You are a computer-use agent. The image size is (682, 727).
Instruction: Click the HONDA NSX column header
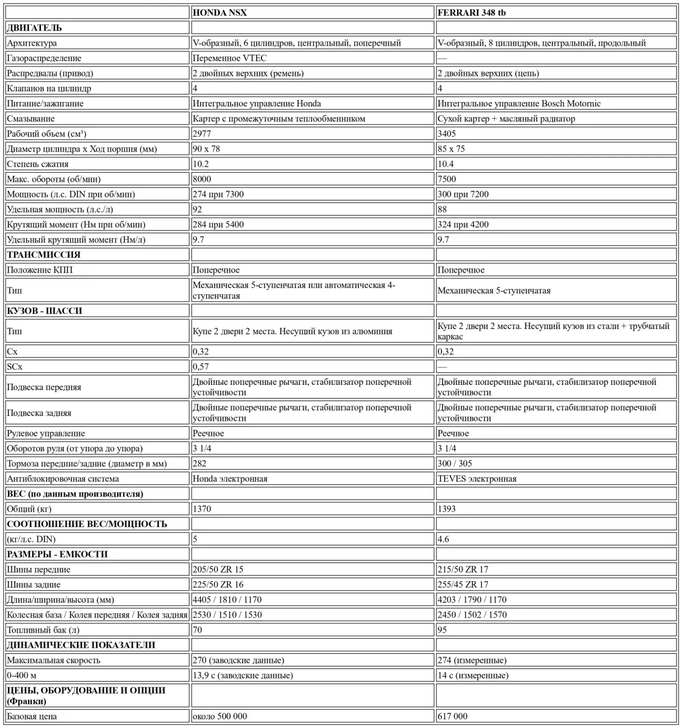(219, 13)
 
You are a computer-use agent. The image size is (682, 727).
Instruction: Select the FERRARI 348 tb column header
(472, 13)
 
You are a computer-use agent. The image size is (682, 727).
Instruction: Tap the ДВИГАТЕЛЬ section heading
(34, 28)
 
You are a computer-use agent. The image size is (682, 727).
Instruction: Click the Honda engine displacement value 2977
(202, 134)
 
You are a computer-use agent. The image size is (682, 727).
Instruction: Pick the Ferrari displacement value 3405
(447, 134)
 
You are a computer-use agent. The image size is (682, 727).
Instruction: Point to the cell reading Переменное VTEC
(229, 58)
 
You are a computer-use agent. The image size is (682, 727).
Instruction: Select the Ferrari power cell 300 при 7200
(463, 194)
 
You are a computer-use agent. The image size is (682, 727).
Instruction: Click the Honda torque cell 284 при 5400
(218, 224)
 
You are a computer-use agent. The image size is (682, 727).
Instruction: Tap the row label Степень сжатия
(37, 164)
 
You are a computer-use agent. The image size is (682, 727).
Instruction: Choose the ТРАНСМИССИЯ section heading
(44, 255)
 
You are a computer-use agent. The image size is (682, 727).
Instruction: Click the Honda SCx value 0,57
(200, 366)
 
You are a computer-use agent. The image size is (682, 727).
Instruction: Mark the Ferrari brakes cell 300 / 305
(455, 463)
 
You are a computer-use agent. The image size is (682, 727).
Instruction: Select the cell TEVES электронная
(477, 479)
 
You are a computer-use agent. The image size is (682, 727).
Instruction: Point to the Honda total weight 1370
(202, 509)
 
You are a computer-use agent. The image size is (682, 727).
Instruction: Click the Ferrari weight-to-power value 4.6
(443, 539)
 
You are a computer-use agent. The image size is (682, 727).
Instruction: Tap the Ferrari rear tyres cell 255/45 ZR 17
(463, 584)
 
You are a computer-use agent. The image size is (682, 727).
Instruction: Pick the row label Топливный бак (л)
(43, 630)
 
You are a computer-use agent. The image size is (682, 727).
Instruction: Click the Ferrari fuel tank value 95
(442, 630)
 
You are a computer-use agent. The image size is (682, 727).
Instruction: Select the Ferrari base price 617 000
(452, 716)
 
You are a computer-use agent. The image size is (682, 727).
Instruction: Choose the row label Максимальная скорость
(53, 660)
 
